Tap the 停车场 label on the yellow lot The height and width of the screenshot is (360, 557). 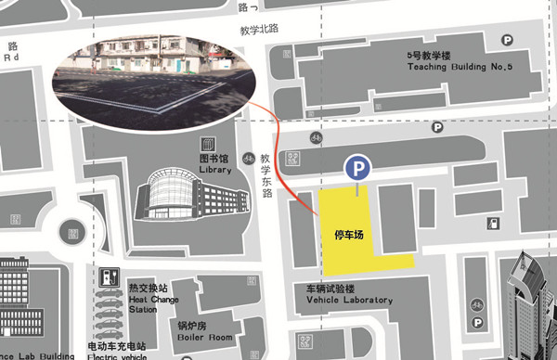[x=348, y=235]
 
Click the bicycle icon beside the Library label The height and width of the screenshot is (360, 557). [x=247, y=158]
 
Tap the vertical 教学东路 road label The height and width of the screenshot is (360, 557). [x=266, y=176]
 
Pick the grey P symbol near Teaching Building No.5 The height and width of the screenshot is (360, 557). [x=507, y=40]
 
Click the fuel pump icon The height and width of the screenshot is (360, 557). [x=492, y=224]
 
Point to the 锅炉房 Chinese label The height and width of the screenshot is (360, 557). [x=192, y=325]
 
